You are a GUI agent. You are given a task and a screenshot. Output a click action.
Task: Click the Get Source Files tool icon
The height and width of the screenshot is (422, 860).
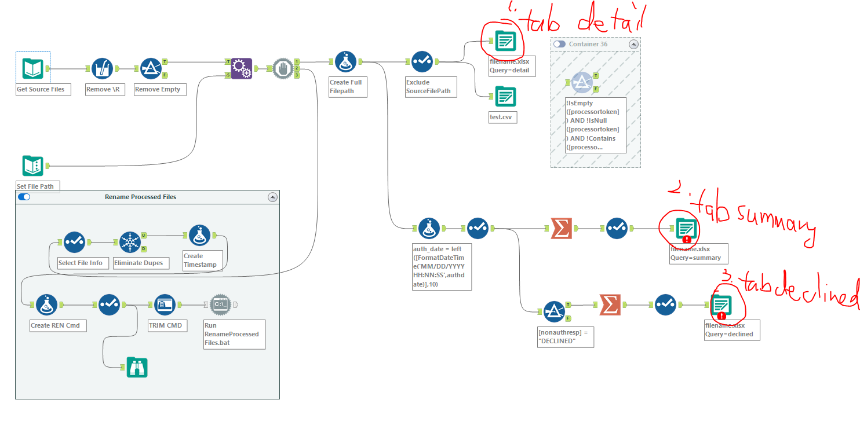[32, 68]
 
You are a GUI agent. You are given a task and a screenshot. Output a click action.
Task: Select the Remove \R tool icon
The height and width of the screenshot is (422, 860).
[102, 68]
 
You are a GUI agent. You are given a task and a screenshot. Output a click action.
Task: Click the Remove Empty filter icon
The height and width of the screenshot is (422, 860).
[151, 68]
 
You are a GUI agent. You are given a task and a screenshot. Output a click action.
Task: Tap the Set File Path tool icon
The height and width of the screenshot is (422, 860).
[32, 166]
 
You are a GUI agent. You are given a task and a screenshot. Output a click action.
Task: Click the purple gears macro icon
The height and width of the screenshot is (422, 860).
[242, 68]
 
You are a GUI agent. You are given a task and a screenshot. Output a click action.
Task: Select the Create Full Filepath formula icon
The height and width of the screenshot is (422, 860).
[345, 61]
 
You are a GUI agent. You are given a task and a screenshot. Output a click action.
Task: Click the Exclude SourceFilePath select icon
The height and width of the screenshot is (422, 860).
[422, 61]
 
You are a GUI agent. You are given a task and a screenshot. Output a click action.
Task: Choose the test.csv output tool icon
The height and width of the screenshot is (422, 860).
[505, 96]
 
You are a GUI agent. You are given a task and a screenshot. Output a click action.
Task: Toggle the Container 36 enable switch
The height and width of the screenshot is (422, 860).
[559, 44]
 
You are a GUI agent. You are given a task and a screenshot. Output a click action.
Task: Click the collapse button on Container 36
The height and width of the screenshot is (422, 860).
[633, 44]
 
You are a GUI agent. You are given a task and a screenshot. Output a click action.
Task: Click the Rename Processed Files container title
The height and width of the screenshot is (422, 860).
[140, 197]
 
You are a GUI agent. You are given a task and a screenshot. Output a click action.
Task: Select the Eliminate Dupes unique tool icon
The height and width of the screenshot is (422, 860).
[130, 242]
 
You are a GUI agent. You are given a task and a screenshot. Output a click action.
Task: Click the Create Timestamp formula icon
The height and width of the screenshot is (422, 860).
[199, 235]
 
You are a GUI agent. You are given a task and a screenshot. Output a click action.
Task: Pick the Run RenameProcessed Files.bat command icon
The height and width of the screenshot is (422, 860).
[220, 304]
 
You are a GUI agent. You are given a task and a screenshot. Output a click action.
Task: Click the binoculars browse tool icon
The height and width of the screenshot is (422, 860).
[137, 367]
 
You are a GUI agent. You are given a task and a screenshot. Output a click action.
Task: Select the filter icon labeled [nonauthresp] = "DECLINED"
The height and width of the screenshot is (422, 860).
[554, 311]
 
